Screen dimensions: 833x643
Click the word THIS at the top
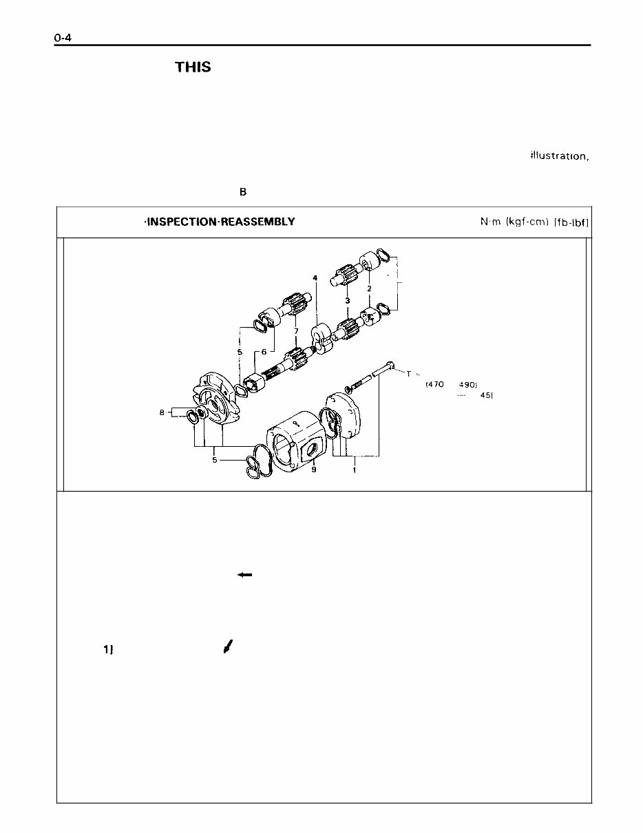tap(193, 67)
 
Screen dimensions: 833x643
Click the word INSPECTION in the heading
tap(178, 222)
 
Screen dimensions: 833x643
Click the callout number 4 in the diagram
tap(315, 278)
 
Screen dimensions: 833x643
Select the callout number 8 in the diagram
tap(162, 413)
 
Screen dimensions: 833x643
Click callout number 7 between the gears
tap(295, 331)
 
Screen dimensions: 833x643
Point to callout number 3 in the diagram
tap(348, 300)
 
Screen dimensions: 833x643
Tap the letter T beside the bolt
tap(408, 374)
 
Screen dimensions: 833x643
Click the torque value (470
tap(435, 384)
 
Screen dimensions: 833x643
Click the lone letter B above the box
tap(243, 192)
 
